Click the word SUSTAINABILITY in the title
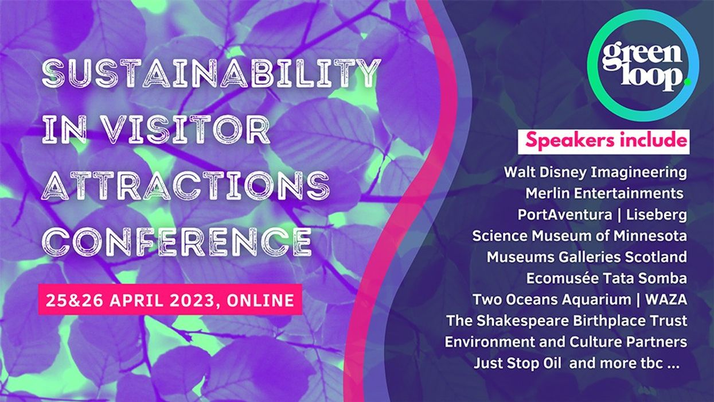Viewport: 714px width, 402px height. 211,75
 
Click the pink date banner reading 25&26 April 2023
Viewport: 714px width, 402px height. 170,299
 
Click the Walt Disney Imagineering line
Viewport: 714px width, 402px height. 595,172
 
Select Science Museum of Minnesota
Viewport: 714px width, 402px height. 579,235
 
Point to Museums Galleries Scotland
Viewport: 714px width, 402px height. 586,257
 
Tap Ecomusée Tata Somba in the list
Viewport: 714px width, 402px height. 606,278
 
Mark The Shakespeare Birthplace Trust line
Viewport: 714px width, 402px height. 567,320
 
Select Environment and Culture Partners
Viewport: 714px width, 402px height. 565,342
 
